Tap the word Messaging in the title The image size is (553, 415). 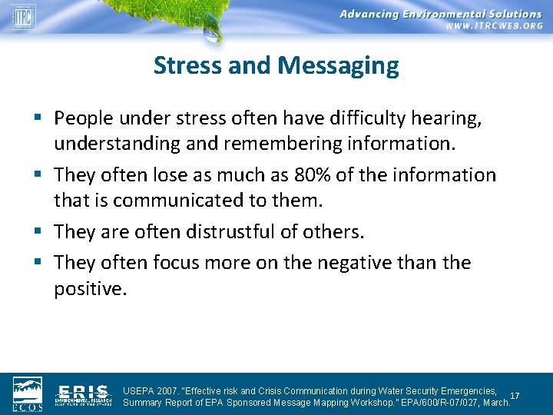[x=339, y=66]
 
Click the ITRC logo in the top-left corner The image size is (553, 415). [x=23, y=15]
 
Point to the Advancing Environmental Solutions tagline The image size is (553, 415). [x=440, y=13]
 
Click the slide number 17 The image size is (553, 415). [x=515, y=396]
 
